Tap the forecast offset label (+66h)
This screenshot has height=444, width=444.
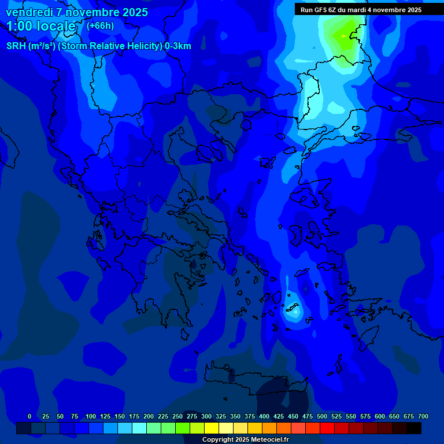click(100, 26)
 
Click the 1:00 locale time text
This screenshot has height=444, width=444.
click(40, 26)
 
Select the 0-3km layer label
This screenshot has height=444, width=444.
click(177, 46)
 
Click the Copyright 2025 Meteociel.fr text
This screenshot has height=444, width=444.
click(246, 440)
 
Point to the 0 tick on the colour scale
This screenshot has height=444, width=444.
click(29, 416)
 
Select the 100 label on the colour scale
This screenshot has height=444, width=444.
click(91, 416)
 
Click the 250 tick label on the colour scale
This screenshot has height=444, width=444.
click(177, 416)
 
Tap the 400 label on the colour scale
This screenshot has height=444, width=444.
click(264, 416)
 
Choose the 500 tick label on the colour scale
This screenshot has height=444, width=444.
click(322, 416)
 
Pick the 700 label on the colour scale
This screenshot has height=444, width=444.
click(423, 416)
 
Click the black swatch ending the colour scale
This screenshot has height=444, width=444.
click(414, 428)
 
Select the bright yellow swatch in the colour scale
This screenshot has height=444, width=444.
click(212, 428)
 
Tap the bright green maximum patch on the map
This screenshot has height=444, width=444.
click(344, 36)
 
